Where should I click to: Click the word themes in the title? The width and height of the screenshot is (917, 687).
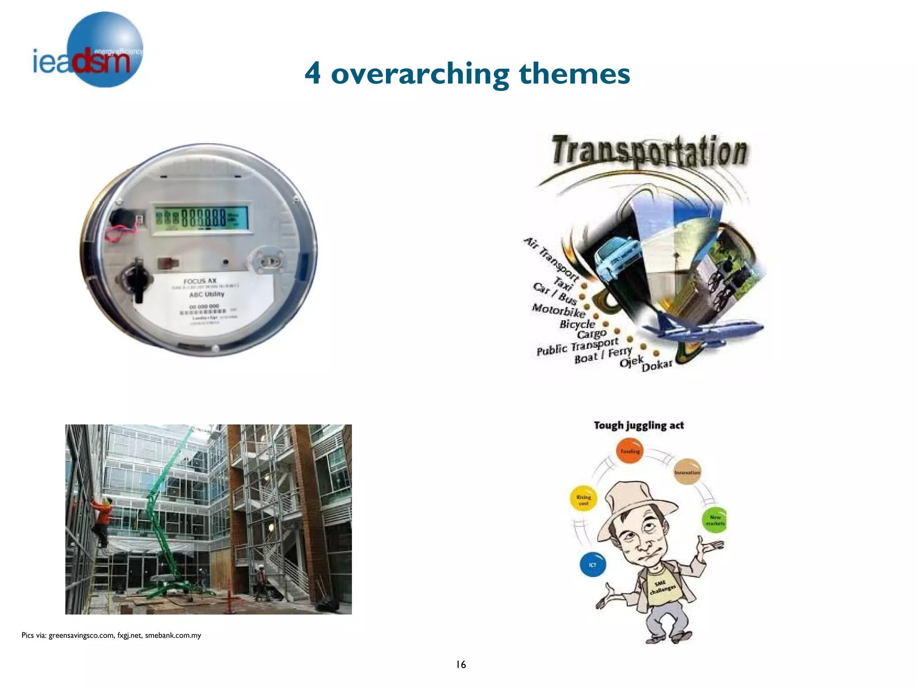pyautogui.click(x=574, y=74)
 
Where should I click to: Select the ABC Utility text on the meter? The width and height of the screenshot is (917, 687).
pyautogui.click(x=206, y=294)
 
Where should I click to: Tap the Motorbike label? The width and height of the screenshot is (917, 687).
pyautogui.click(x=558, y=310)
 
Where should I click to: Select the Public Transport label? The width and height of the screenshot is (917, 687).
pyautogui.click(x=577, y=346)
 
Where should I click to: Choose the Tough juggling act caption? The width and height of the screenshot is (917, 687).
pyautogui.click(x=638, y=425)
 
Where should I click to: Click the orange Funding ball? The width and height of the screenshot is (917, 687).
pyautogui.click(x=630, y=451)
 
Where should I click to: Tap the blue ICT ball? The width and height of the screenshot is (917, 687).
pyautogui.click(x=592, y=564)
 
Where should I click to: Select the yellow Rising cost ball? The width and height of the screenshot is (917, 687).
pyautogui.click(x=583, y=499)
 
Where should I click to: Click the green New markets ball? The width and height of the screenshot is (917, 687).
pyautogui.click(x=714, y=520)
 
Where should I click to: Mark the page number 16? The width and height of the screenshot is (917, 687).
pyautogui.click(x=461, y=665)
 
